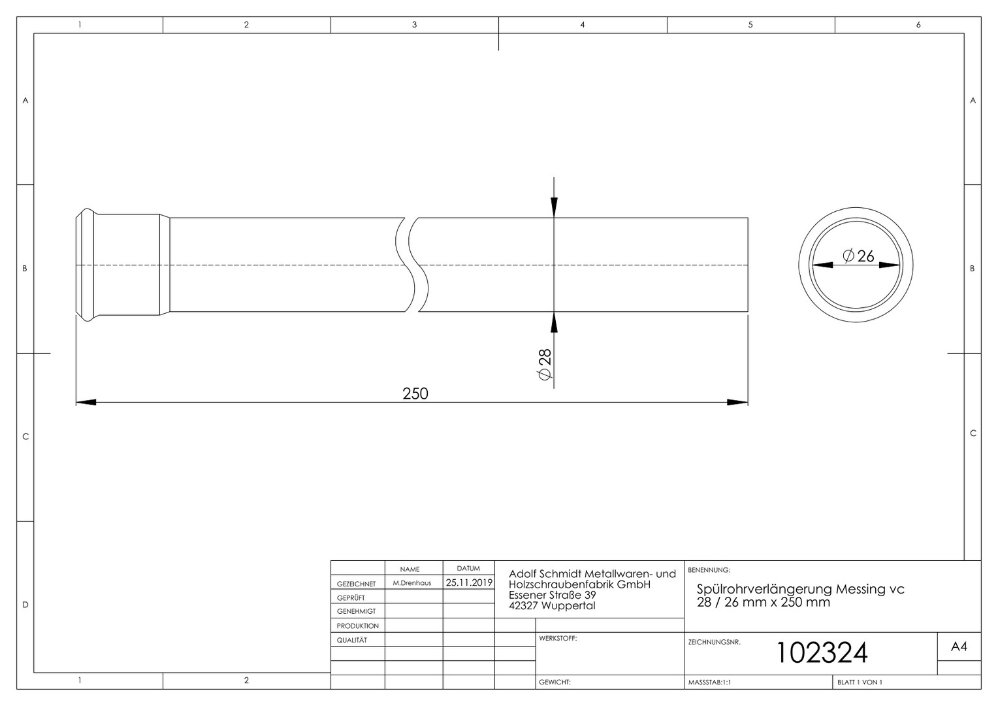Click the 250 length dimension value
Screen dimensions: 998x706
415,394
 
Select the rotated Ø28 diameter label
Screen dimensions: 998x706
545,364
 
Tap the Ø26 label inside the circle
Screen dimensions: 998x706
858,256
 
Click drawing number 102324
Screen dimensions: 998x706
822,652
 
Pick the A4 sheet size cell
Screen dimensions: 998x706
959,647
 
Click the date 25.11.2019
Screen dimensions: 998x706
469,582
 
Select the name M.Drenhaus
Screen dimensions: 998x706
411,583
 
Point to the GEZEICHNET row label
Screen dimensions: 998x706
356,584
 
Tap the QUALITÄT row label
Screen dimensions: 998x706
351,640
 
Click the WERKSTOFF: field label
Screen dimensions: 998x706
558,638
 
